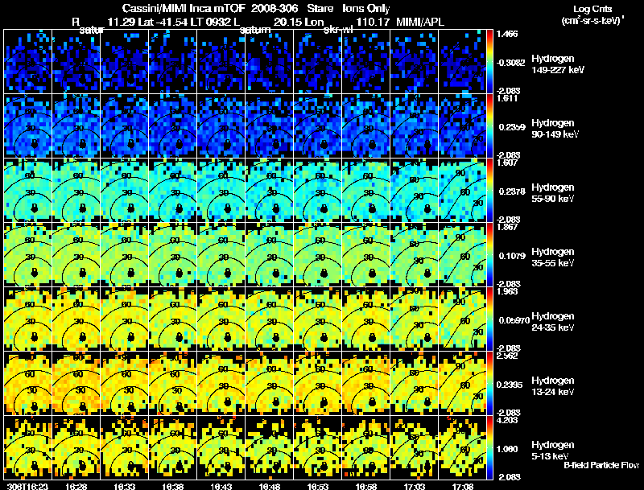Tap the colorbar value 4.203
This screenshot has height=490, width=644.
(508, 419)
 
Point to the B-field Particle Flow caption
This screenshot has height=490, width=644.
(601, 465)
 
